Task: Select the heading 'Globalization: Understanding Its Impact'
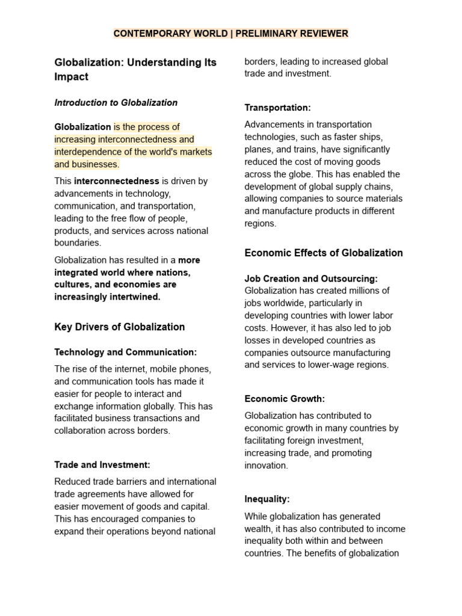pyautogui.click(x=135, y=69)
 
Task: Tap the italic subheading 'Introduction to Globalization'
pyautogui.click(x=116, y=103)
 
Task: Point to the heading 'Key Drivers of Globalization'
pyautogui.click(x=120, y=327)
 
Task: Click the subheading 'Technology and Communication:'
pyautogui.click(x=125, y=353)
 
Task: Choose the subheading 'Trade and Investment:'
pyautogui.click(x=102, y=465)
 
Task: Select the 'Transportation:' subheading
pyautogui.click(x=277, y=108)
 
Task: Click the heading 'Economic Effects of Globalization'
pyautogui.click(x=324, y=253)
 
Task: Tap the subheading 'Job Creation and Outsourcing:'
pyautogui.click(x=311, y=279)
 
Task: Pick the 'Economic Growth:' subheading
pyautogui.click(x=285, y=399)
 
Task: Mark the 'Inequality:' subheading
pyautogui.click(x=267, y=499)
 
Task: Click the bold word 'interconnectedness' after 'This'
pyautogui.click(x=117, y=181)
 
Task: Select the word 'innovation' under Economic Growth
pyautogui.click(x=266, y=466)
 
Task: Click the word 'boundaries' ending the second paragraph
pyautogui.click(x=78, y=243)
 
